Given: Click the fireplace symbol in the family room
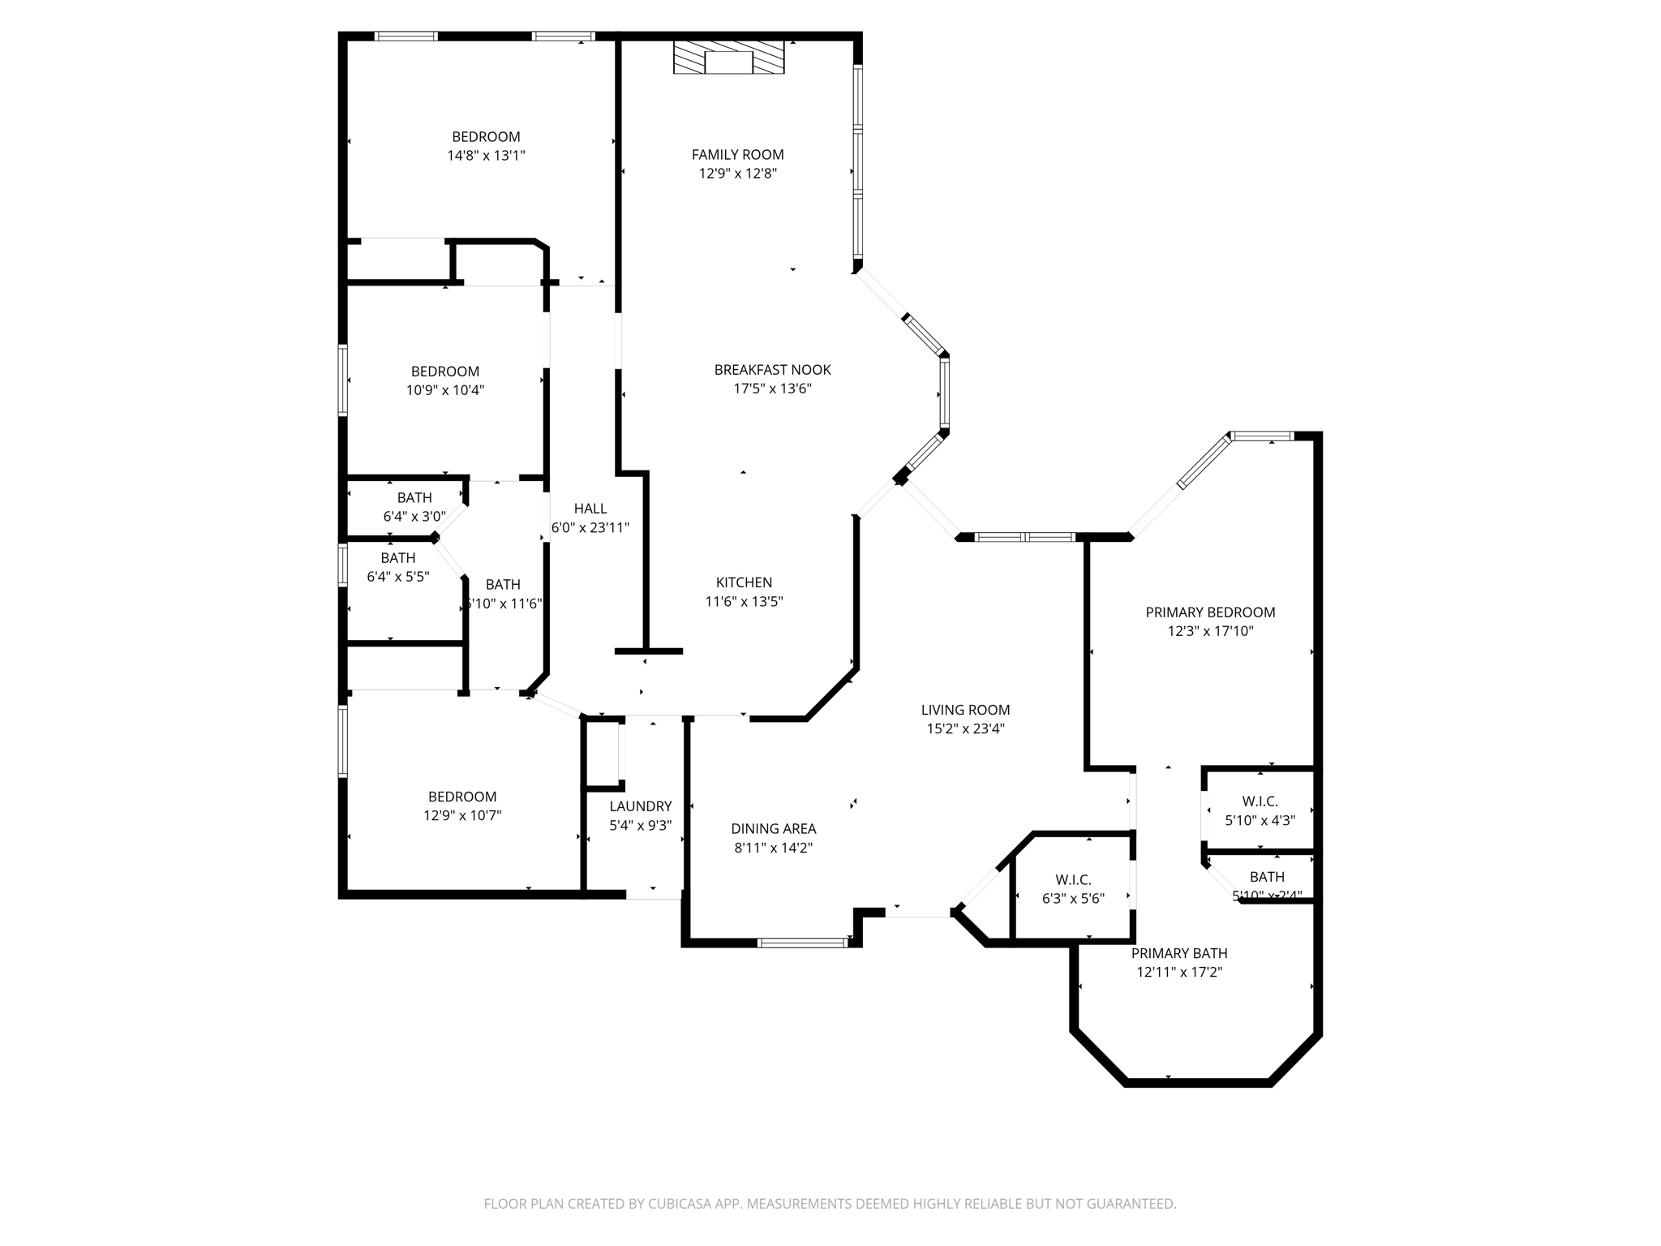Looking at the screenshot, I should pyautogui.click(x=728, y=58).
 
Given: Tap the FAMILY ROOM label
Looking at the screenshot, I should pyautogui.click(x=737, y=154).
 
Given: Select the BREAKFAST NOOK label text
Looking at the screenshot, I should pyautogui.click(x=772, y=370).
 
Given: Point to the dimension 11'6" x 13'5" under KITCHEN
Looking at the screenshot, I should pyautogui.click(x=744, y=602).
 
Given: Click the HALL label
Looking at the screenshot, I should pyautogui.click(x=590, y=509).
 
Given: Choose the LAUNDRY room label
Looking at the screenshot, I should pyautogui.click(x=641, y=806).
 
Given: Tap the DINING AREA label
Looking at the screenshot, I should pyautogui.click(x=773, y=829).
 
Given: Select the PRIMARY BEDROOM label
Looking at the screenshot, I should pyautogui.click(x=1210, y=612).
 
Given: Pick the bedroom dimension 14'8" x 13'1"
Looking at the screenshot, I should pyautogui.click(x=486, y=156).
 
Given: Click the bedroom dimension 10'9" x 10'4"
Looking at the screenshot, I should pyautogui.click(x=445, y=390).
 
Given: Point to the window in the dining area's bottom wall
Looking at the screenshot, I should pyautogui.click(x=802, y=943).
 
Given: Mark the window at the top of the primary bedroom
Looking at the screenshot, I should pyautogui.click(x=1263, y=436).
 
